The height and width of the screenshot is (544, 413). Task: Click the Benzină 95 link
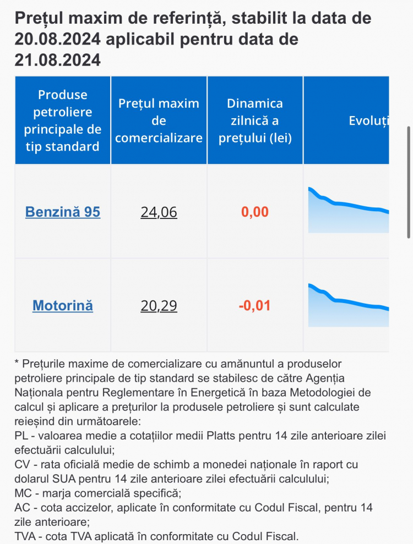(63, 212)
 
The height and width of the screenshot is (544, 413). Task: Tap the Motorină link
(63, 305)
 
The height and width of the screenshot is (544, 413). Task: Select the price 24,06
(159, 212)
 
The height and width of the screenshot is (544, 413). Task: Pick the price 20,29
(159, 306)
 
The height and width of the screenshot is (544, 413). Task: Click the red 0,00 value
(255, 212)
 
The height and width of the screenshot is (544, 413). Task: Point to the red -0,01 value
(254, 305)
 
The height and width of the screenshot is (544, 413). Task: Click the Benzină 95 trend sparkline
(349, 210)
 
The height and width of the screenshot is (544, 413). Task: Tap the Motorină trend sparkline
(349, 305)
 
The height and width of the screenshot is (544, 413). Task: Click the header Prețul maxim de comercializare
(159, 120)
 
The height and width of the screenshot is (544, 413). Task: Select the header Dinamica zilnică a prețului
(255, 120)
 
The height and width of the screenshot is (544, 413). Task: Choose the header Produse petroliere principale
(63, 120)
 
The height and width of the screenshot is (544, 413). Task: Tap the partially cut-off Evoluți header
(368, 120)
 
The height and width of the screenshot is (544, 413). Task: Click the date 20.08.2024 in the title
(58, 39)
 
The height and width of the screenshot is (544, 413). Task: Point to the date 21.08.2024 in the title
(58, 59)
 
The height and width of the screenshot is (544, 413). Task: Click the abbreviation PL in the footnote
(21, 436)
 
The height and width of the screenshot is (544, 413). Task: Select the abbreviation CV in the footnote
(22, 464)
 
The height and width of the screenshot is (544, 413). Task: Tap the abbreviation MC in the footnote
(23, 493)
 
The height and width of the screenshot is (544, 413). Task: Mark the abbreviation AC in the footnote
(22, 508)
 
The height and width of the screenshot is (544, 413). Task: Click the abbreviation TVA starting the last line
(25, 536)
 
